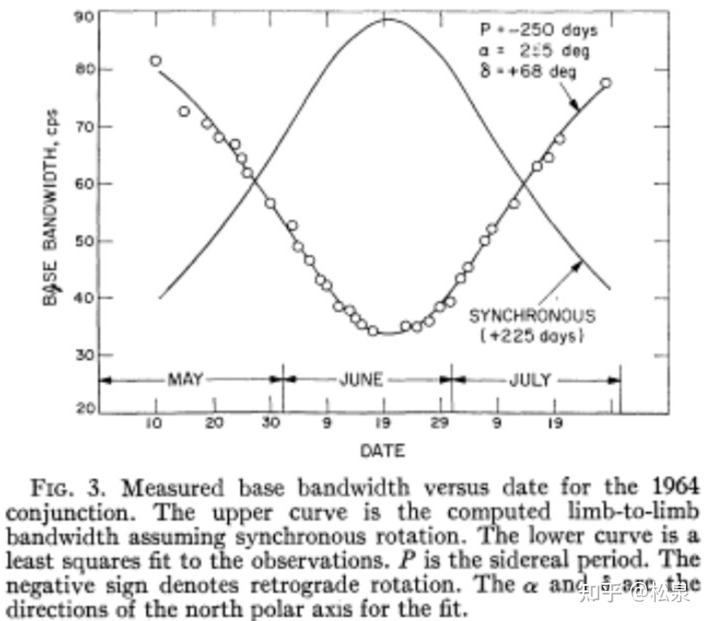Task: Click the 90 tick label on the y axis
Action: pyautogui.click(x=84, y=16)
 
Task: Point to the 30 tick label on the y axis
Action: pyautogui.click(x=84, y=355)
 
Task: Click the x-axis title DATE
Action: pyautogui.click(x=383, y=450)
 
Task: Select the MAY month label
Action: pyautogui.click(x=185, y=379)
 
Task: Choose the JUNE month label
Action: pyautogui.click(x=361, y=379)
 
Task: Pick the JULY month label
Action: pyautogui.click(x=530, y=379)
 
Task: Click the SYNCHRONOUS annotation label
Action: pyautogui.click(x=532, y=316)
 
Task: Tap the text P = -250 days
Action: pyautogui.click(x=538, y=29)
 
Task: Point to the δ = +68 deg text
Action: pyautogui.click(x=528, y=72)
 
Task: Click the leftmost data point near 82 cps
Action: pyautogui.click(x=156, y=61)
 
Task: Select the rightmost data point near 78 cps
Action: pyautogui.click(x=606, y=83)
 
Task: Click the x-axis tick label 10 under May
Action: pyautogui.click(x=154, y=423)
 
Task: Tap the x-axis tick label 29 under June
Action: pyautogui.click(x=440, y=423)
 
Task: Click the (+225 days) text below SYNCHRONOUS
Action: pyautogui.click(x=532, y=335)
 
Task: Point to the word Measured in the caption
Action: pyautogui.click(x=173, y=488)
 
